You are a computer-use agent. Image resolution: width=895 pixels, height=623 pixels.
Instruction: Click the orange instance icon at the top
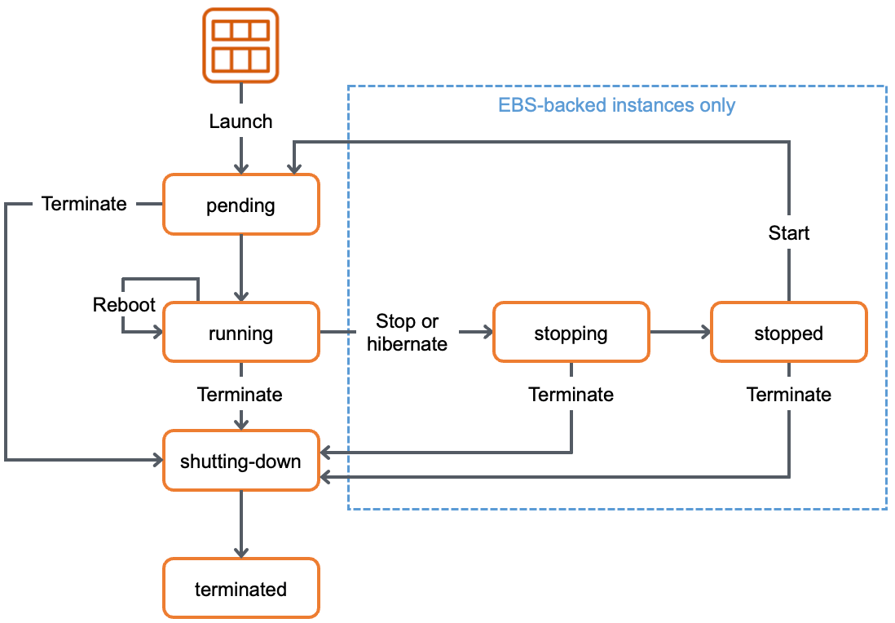click(x=240, y=46)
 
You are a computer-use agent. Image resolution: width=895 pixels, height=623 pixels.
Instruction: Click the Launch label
click(x=240, y=122)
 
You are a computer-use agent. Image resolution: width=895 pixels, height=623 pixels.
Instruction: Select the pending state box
click(x=240, y=205)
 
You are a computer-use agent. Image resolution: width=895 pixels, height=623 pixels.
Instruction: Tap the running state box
click(x=240, y=333)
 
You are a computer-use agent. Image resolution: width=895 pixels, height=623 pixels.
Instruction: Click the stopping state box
click(x=571, y=333)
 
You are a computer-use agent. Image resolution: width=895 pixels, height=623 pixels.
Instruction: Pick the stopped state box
click(x=788, y=333)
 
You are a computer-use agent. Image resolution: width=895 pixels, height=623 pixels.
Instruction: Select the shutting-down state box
click(x=240, y=461)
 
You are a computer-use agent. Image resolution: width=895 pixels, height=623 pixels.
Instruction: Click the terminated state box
click(x=240, y=589)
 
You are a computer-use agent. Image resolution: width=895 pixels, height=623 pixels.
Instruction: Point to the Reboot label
click(x=124, y=305)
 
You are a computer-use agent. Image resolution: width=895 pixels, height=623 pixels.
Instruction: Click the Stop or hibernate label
click(x=407, y=333)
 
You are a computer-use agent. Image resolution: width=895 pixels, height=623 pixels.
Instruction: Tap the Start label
click(x=788, y=233)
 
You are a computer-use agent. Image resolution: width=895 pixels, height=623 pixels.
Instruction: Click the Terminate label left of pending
click(x=84, y=204)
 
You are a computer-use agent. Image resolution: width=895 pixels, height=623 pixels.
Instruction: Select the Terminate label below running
click(x=240, y=395)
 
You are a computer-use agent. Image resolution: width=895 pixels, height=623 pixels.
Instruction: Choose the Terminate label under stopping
click(x=571, y=395)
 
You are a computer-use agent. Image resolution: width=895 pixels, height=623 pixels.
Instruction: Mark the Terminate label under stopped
click(x=788, y=395)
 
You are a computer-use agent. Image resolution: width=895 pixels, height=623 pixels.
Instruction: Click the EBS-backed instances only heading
click(x=616, y=105)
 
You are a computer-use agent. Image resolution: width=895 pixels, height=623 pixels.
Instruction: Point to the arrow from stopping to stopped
click(x=680, y=332)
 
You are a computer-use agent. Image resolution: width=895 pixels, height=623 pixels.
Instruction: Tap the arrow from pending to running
click(x=240, y=268)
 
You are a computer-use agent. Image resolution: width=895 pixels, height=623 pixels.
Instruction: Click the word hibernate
click(x=407, y=344)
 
